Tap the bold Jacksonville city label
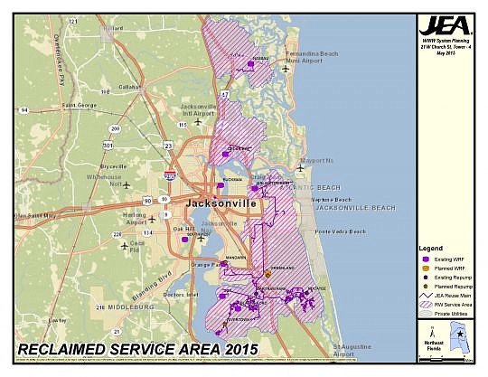pyautogui.click(x=221, y=204)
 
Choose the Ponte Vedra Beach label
pyautogui.click(x=339, y=231)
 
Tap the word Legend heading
pyautogui.click(x=430, y=248)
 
